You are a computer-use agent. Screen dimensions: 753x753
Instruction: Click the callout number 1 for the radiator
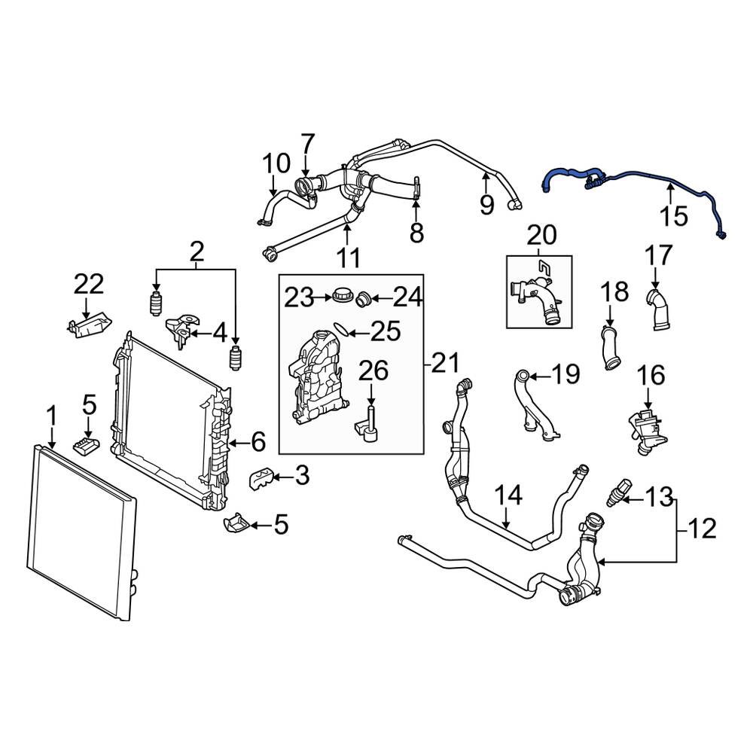coord(52,414)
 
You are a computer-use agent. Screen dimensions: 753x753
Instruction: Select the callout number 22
coord(89,285)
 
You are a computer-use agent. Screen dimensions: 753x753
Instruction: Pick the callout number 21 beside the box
coord(444,364)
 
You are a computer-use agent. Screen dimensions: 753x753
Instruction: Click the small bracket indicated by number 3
coord(260,477)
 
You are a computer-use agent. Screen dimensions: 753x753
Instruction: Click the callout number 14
coord(508,495)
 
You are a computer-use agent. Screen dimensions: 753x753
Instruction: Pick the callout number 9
coord(486,203)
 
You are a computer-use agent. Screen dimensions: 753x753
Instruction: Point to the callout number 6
coord(258,442)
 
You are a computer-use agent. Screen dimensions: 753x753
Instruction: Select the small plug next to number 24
coord(364,299)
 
